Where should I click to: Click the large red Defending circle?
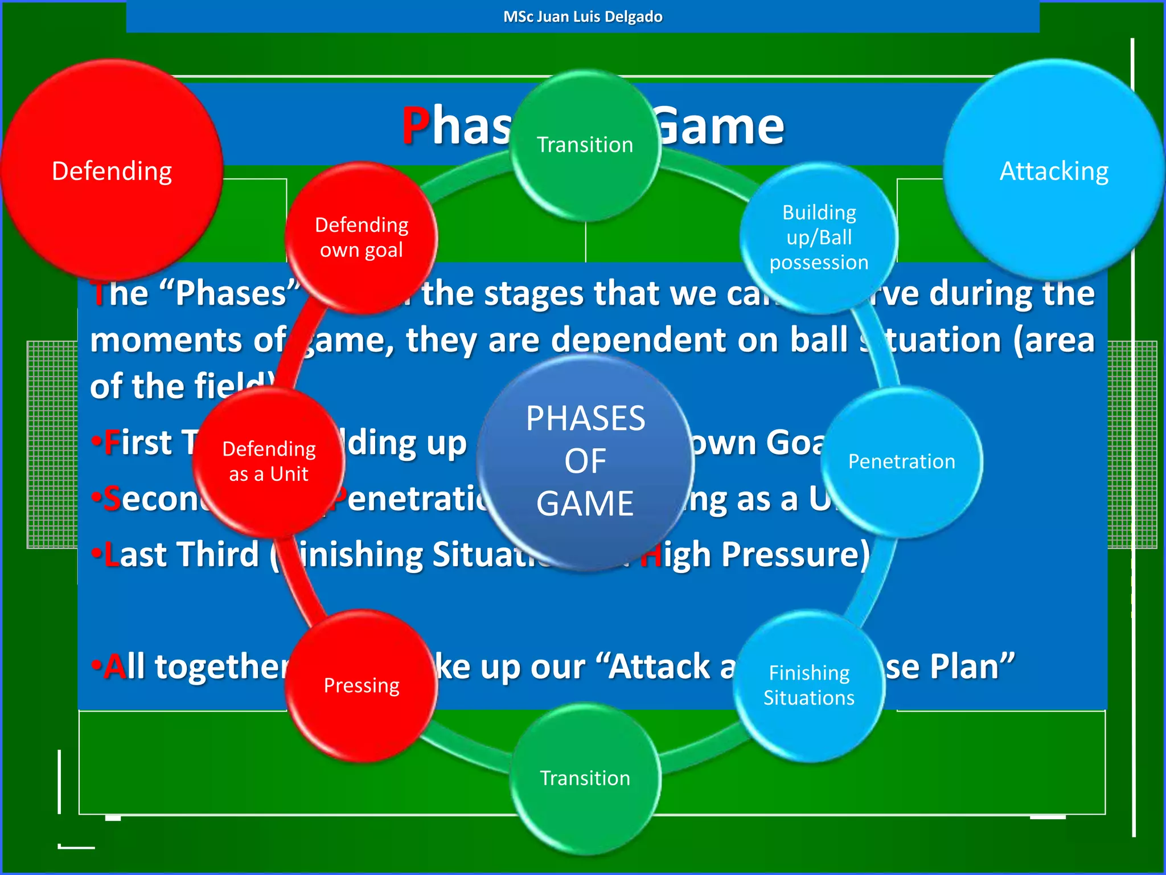112,170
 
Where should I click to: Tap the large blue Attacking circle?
1053,170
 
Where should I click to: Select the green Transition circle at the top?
585,145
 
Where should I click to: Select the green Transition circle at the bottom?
585,778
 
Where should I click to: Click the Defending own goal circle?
362,238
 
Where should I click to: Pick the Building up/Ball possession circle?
819,238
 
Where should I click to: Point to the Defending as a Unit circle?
269,461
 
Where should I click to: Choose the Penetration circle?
902,461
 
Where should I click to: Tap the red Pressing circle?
362,685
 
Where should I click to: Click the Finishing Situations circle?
809,685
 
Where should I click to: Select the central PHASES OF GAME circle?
585,461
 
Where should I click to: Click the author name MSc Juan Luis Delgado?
583,17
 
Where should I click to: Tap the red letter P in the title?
416,126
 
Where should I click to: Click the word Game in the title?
720,126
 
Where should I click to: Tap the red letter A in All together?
115,667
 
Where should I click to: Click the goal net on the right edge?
1133,444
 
